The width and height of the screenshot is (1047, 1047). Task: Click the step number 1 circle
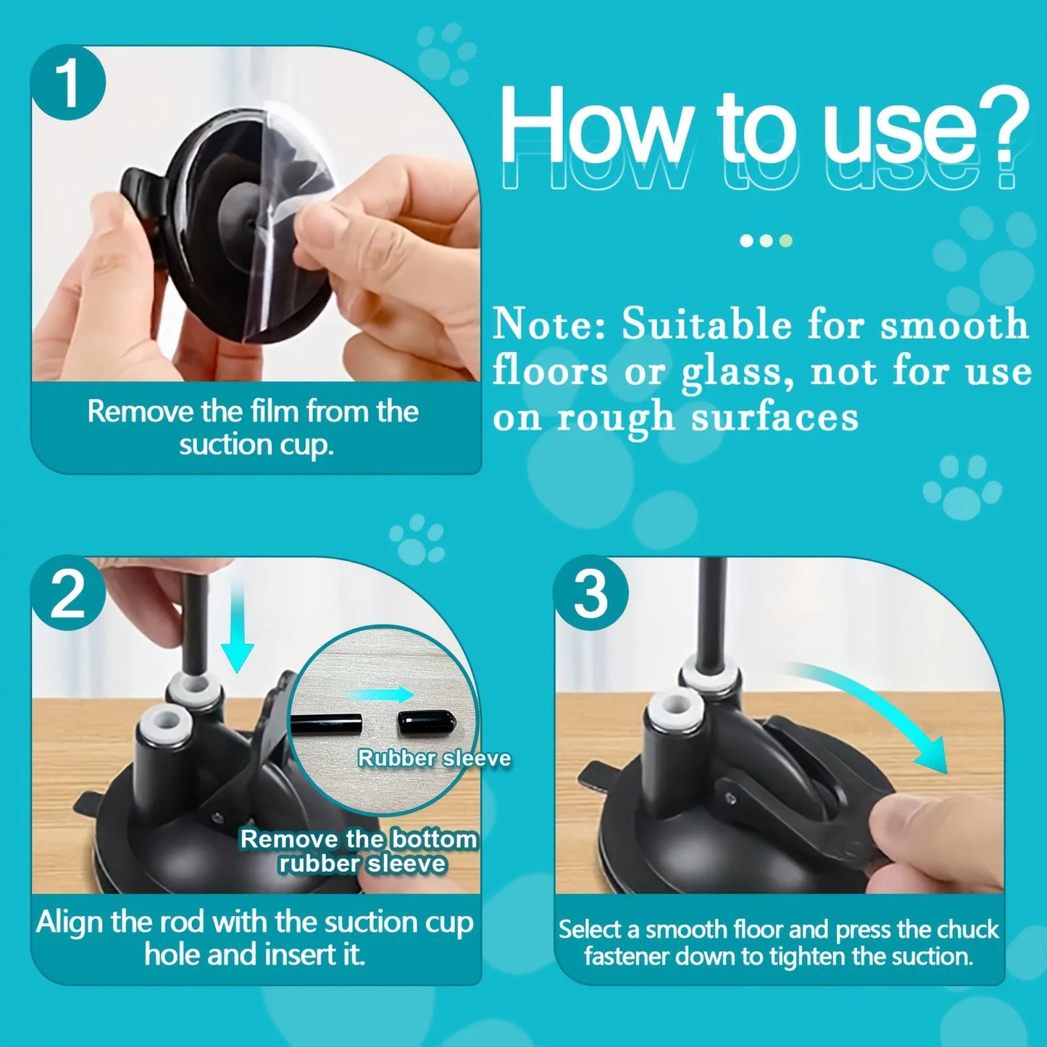coord(68,83)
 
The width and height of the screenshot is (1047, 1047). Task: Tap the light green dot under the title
coord(785,241)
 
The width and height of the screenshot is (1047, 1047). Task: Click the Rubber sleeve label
coord(434,759)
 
